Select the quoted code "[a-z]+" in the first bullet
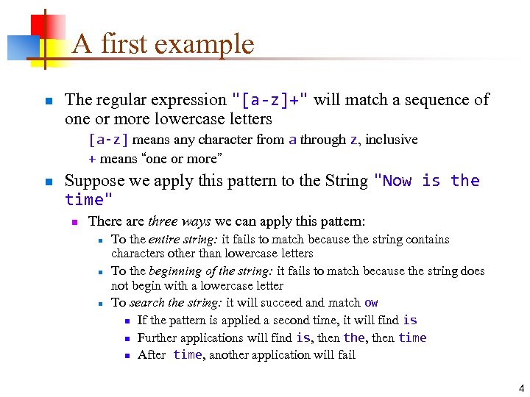click(270, 100)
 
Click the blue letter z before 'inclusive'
click(353, 140)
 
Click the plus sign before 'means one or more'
click(92, 158)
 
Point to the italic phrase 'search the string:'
click(176, 303)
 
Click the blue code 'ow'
click(371, 303)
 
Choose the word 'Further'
click(158, 338)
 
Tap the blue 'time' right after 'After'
click(187, 355)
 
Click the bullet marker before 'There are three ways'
click(73, 222)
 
